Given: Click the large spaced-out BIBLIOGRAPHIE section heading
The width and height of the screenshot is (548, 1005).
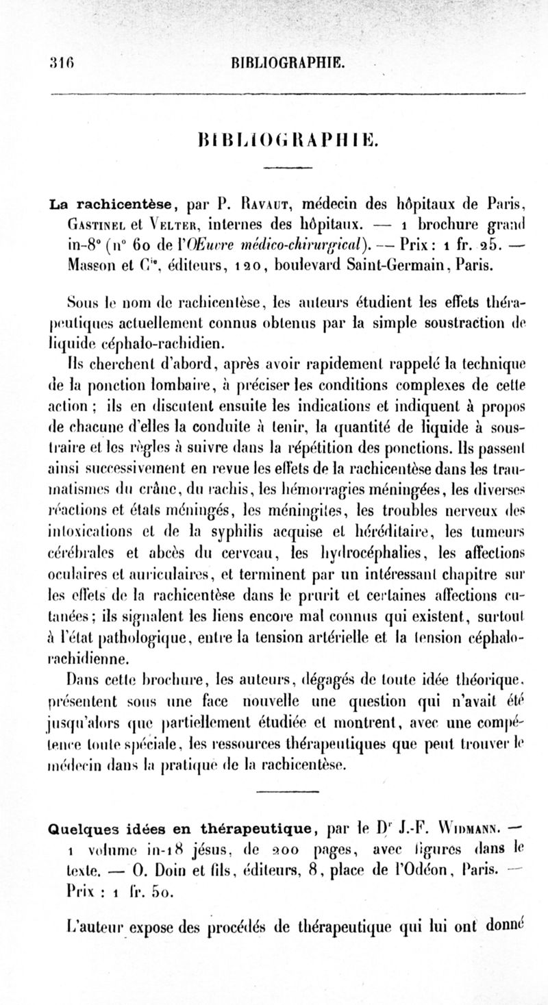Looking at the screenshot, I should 284,142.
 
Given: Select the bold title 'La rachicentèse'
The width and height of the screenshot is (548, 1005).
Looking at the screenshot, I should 105,203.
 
